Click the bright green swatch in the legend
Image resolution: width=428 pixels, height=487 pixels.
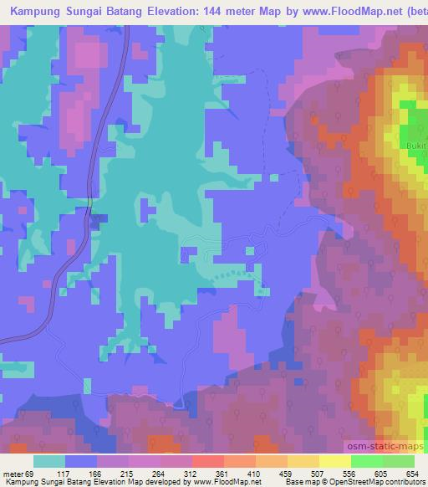click(366, 461)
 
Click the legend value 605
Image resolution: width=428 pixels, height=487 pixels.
click(381, 474)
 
